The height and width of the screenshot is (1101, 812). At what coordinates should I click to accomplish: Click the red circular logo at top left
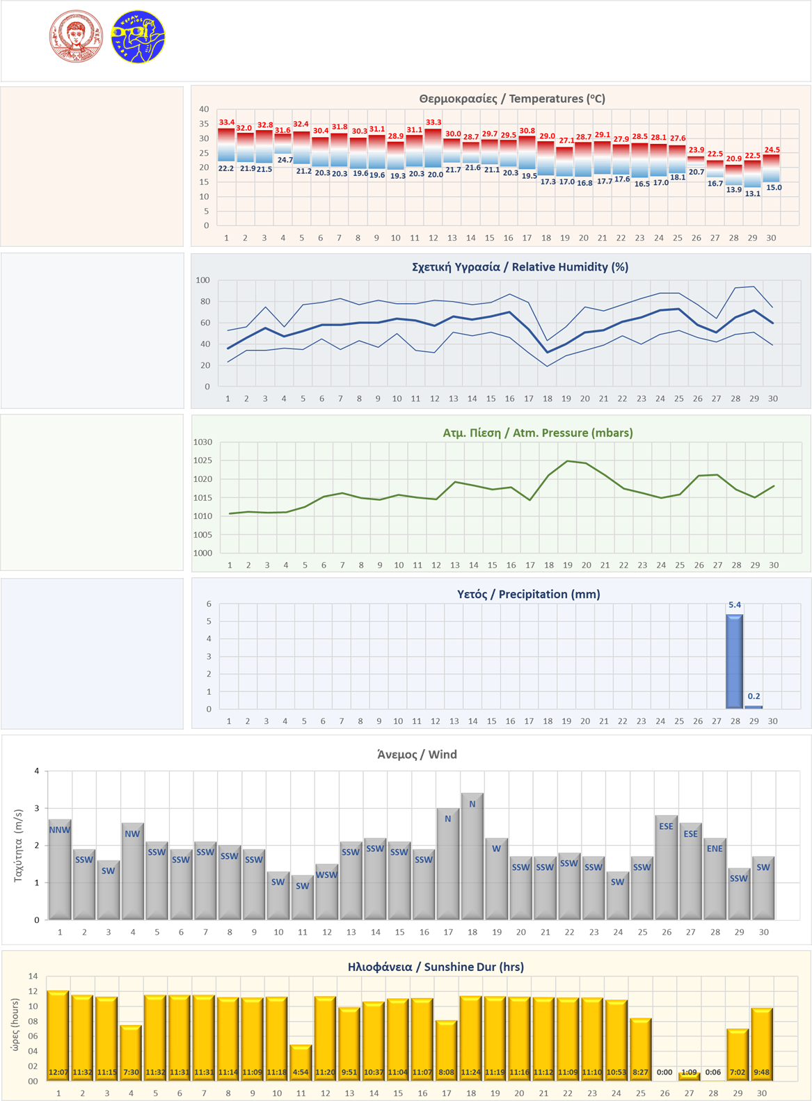coord(76,36)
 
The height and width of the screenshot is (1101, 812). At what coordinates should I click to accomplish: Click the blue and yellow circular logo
coord(138,37)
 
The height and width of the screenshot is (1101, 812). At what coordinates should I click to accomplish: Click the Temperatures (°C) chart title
coord(512,99)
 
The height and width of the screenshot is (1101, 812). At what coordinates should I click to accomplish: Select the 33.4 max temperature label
coord(227,122)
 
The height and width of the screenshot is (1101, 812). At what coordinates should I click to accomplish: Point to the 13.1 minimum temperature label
coord(753,193)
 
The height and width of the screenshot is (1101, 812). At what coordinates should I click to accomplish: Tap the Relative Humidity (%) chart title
coord(520,267)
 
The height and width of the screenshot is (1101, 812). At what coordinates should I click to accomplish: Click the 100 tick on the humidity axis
coord(202,280)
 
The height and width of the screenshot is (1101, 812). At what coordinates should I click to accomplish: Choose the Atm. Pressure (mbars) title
coord(538,433)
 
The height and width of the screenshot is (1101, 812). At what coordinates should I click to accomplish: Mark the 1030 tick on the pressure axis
coord(202,442)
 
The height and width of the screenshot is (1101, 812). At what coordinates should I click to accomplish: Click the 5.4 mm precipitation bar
coord(735,661)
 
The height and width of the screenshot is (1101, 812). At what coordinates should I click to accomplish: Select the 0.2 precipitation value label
coord(754,696)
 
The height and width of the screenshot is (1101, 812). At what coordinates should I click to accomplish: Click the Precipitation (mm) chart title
coord(529,594)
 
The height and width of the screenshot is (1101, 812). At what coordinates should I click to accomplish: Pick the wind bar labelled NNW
coord(60,869)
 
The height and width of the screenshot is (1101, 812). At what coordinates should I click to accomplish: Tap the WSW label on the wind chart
coord(326,875)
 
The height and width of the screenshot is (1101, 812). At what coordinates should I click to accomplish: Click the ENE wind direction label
coord(715,849)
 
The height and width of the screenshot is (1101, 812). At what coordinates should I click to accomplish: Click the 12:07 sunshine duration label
coord(58,1072)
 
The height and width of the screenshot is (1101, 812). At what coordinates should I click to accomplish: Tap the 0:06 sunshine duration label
coord(713,1072)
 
